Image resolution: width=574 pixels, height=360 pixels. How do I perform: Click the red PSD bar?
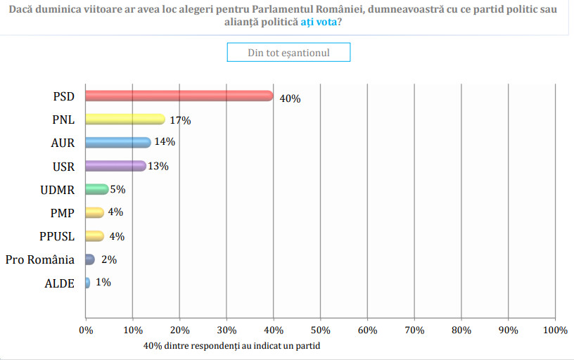coord(179,96)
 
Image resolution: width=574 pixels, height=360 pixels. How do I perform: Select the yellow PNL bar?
coord(125,119)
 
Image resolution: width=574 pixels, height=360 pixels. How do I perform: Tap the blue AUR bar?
coord(117,142)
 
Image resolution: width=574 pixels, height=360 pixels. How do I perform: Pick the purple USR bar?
coord(115,166)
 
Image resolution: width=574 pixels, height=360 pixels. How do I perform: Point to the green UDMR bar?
coord(96,189)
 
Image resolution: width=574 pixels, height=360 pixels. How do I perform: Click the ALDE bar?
coord(87,283)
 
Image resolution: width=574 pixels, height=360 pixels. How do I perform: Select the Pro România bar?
coord(89,259)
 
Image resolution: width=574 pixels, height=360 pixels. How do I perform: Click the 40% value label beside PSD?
coord(290,98)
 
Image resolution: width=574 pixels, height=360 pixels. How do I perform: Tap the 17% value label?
coord(180,120)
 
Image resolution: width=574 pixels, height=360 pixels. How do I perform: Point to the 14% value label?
coord(165,142)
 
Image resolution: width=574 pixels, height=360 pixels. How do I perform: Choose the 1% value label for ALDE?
coord(103,283)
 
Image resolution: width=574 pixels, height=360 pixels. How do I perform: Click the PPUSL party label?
coord(57,236)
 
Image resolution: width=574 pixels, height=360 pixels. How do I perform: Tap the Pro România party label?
coord(40,259)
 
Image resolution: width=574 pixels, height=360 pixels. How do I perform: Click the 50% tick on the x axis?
coord(320,330)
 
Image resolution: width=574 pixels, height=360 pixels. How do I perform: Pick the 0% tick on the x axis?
coord(86,330)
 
